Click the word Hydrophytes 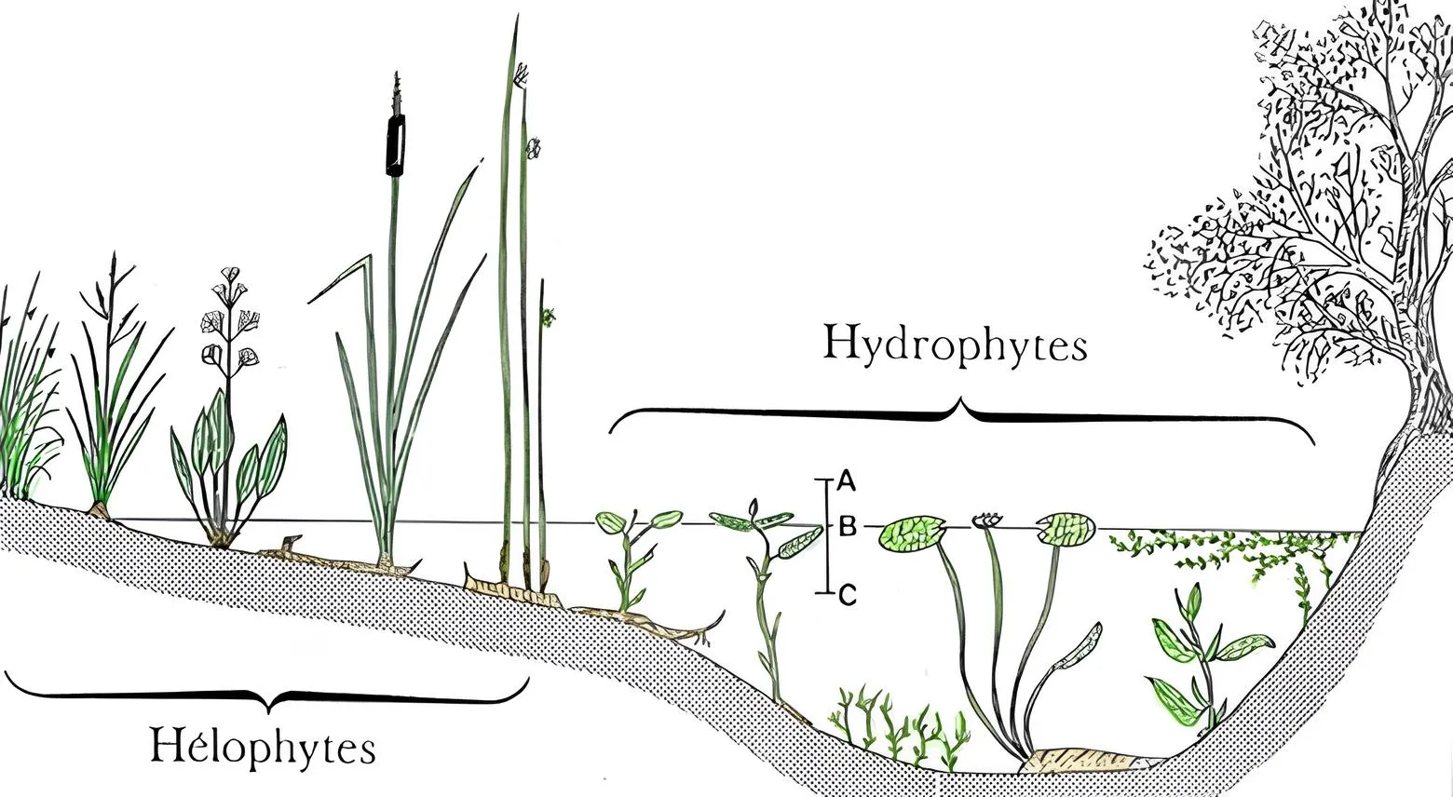pos(955,344)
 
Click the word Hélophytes pos(264,747)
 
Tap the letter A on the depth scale pos(846,480)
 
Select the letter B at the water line pos(847,527)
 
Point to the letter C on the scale pos(847,595)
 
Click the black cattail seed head pos(396,146)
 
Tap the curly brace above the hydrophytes pos(961,414)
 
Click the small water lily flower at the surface pos(986,520)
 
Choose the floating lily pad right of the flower pos(1065,529)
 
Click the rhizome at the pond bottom pos(1080,761)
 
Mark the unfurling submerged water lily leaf pos(1080,647)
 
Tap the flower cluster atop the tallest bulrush pos(521,73)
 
